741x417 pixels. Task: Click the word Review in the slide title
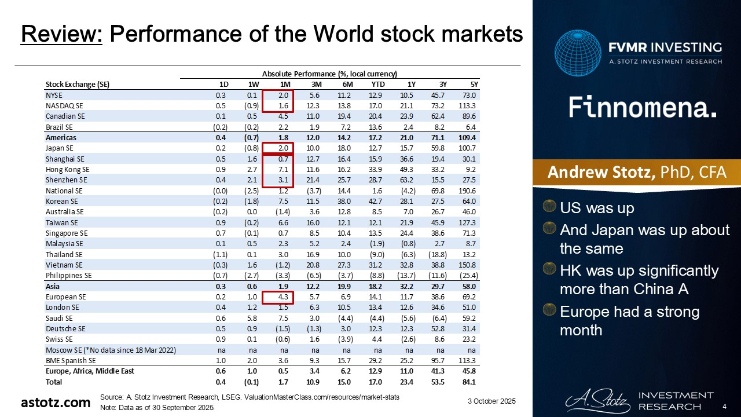point(61,35)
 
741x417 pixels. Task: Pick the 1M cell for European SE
point(281,297)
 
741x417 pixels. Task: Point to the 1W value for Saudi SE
point(251,319)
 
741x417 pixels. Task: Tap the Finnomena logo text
point(643,108)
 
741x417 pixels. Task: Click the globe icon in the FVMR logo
point(577,53)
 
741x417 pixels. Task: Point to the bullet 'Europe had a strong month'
point(630,321)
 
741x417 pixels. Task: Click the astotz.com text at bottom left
point(56,403)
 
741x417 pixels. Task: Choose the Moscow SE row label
point(110,350)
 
